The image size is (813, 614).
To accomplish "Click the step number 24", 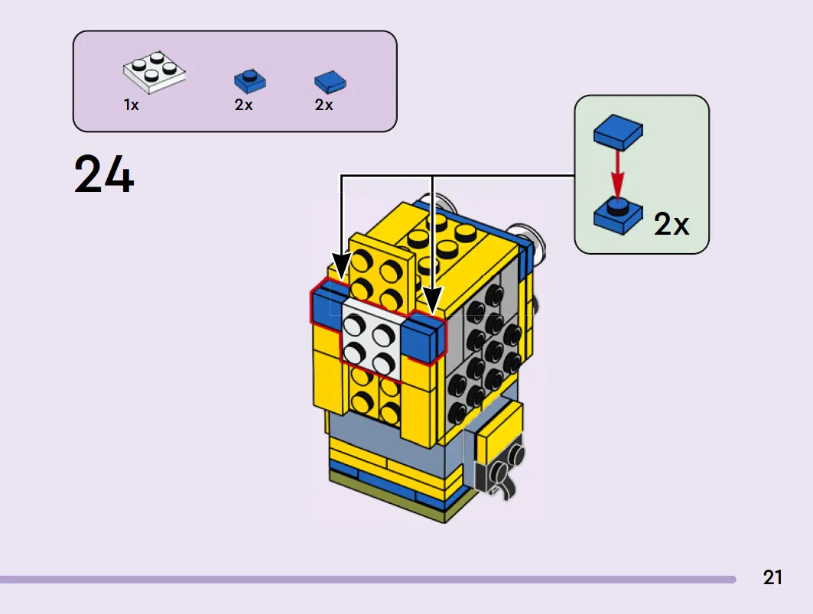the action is (x=104, y=174).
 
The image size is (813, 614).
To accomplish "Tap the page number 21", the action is (x=772, y=577).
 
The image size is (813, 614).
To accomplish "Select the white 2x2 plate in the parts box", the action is (x=154, y=73).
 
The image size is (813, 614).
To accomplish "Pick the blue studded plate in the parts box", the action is (x=250, y=81).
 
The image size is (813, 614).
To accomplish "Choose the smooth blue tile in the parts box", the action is (x=330, y=81).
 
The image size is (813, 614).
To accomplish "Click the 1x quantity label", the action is (x=132, y=106).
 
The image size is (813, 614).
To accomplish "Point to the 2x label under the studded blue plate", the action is (x=243, y=105).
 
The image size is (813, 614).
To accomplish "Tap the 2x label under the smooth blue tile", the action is (x=324, y=105).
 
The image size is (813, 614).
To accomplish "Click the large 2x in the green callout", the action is (x=672, y=224).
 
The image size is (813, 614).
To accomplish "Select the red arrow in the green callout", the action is (x=616, y=174).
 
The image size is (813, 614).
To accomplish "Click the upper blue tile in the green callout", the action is (x=618, y=132).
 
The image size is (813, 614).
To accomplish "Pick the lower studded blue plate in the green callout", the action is (x=618, y=216).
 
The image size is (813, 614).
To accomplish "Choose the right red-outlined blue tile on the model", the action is (x=424, y=338).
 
